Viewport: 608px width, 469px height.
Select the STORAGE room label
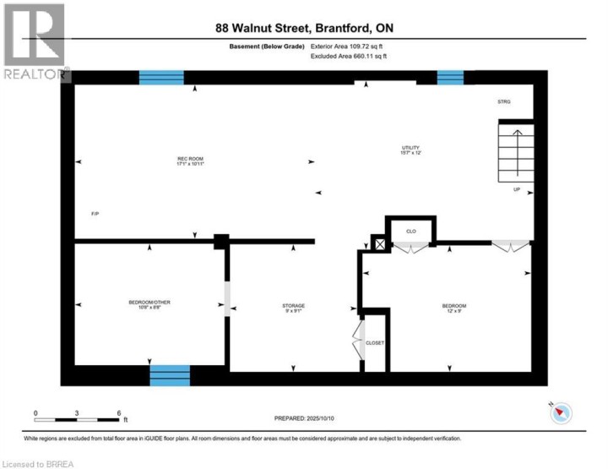pyautogui.click(x=293, y=305)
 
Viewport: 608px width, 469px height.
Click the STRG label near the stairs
pyautogui.click(x=504, y=102)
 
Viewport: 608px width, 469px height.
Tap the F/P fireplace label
pyautogui.click(x=95, y=214)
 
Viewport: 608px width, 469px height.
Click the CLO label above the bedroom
pyautogui.click(x=411, y=230)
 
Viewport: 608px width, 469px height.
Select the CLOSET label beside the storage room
pyautogui.click(x=375, y=342)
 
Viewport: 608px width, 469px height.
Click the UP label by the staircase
pyautogui.click(x=517, y=189)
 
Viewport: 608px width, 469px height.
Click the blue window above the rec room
pyautogui.click(x=161, y=78)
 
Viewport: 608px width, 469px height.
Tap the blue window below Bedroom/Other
pyautogui.click(x=170, y=374)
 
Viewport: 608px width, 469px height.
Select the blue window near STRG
pyautogui.click(x=450, y=78)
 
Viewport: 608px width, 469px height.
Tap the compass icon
pyautogui.click(x=561, y=413)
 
